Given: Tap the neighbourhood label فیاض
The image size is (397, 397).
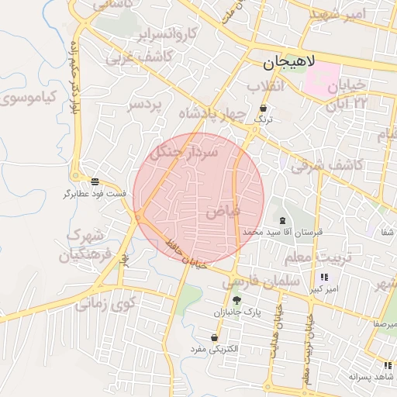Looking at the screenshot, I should (x=224, y=210).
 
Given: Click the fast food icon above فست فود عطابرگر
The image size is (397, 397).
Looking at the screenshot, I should (x=95, y=181).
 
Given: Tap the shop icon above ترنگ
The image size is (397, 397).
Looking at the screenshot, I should (x=264, y=109).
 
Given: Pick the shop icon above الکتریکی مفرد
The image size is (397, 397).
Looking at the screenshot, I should (x=214, y=338).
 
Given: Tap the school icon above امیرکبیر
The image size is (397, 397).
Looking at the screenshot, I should (x=323, y=277).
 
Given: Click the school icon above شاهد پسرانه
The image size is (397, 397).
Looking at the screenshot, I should (x=386, y=364).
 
